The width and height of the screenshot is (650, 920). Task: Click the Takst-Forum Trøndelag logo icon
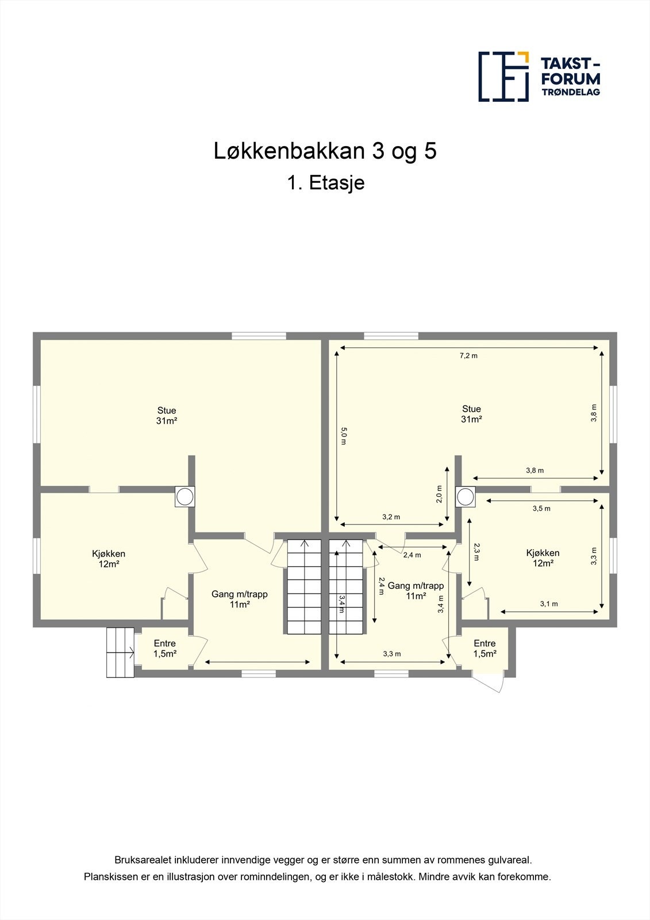pos(503,76)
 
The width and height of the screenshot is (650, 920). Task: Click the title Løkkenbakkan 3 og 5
pos(325,151)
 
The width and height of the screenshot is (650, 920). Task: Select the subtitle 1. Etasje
pos(325,183)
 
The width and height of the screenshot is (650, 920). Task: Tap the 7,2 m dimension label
pos(468,355)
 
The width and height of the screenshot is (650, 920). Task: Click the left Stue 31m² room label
pos(167,415)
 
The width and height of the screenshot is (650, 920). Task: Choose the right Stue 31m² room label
pos(471,414)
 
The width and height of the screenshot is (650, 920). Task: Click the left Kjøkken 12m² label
pos(109,558)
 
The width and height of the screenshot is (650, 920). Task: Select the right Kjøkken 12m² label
pos(543,558)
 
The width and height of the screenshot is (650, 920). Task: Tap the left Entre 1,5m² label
pos(164,649)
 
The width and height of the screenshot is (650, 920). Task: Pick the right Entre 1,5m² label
pos(484,649)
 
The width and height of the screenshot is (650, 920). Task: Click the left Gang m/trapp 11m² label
pos(240,599)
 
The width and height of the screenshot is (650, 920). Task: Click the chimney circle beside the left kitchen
pos(184,496)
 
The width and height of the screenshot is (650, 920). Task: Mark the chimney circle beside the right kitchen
pos(466,496)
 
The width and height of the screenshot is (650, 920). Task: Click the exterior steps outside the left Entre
pos(120,652)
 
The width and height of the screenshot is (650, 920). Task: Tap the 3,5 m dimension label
pos(541,508)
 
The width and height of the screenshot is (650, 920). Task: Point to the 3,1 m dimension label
pos(549,604)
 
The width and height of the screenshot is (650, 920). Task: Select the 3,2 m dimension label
pos(391,517)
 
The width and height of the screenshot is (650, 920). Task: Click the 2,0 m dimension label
pos(439,493)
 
